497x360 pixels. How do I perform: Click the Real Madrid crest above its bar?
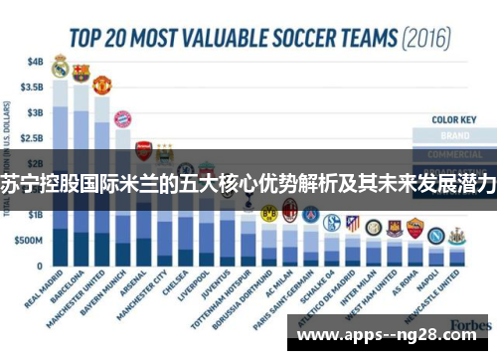click(61, 68)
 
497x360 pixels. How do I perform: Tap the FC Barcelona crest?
click(82, 73)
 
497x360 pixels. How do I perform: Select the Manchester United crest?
click(102, 85)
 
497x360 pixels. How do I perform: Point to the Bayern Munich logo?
click(123, 120)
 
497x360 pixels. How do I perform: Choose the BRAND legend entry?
click(455, 136)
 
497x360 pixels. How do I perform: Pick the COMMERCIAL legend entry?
click(455, 154)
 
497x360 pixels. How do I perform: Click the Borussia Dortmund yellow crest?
click(268, 213)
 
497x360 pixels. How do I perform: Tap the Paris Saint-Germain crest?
click(310, 215)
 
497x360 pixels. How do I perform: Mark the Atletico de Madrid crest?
click(352, 223)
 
